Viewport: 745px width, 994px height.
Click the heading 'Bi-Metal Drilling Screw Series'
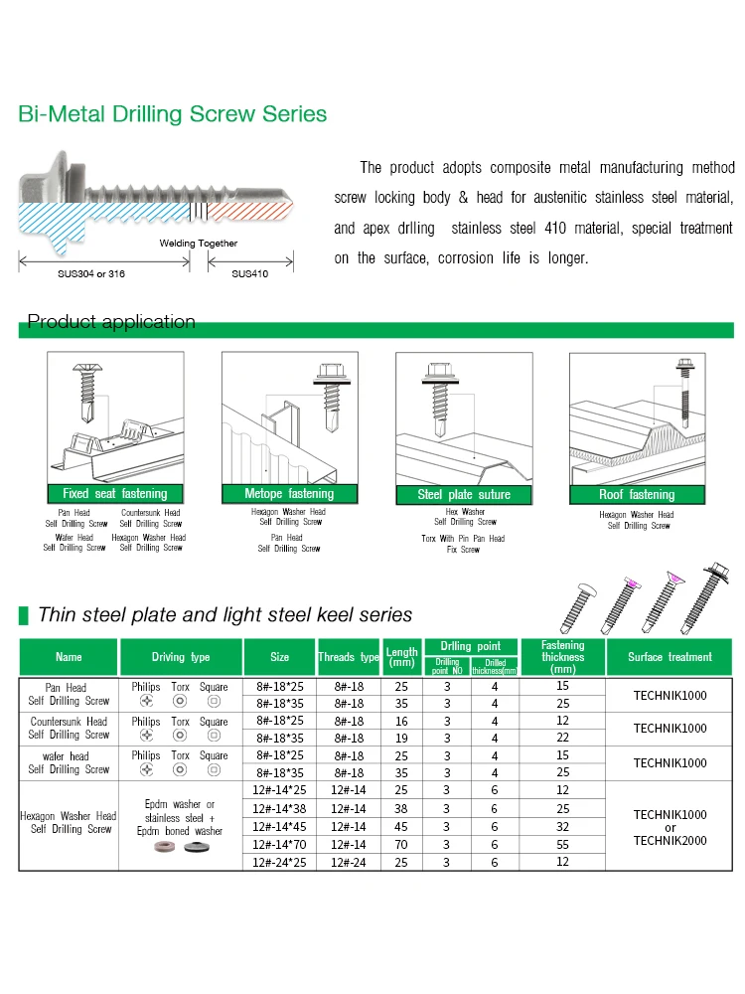tap(173, 114)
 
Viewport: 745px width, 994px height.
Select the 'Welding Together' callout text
tap(199, 243)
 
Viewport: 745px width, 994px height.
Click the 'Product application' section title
tap(111, 321)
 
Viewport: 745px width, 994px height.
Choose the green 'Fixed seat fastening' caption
tap(115, 494)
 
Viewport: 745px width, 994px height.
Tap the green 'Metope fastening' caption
tap(289, 494)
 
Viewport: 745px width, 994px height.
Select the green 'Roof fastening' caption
tap(637, 495)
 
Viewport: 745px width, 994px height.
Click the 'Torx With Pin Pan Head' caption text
tap(462, 539)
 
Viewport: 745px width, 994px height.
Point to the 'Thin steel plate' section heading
tap(211, 614)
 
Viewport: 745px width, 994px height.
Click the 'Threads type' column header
tap(349, 657)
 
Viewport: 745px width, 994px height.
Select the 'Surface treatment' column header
tap(670, 657)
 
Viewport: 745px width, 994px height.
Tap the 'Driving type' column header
tap(181, 657)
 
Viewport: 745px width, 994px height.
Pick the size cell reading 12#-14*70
tap(280, 844)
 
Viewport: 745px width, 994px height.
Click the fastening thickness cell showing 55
tap(563, 844)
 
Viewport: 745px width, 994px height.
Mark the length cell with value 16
tap(401, 721)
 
